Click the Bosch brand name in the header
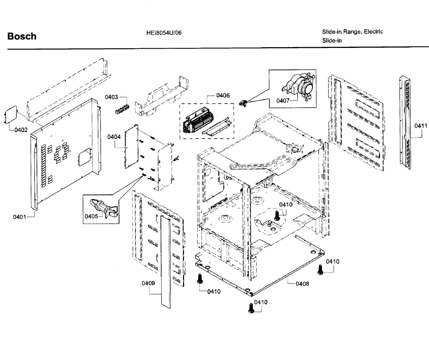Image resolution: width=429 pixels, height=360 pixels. pyautogui.click(x=22, y=36)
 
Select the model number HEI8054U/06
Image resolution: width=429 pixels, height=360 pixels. pyautogui.click(x=164, y=33)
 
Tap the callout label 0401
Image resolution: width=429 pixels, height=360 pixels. pyautogui.click(x=20, y=217)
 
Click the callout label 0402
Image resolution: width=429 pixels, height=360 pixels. pyautogui.click(x=21, y=130)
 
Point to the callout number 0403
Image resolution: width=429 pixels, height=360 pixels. pyautogui.click(x=112, y=97)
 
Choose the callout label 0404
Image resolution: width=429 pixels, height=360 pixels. pyautogui.click(x=114, y=137)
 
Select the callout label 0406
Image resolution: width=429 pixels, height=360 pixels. pyautogui.click(x=223, y=95)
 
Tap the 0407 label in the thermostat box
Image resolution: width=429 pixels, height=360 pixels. pyautogui.click(x=283, y=101)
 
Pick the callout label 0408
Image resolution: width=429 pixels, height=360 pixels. pyautogui.click(x=302, y=284)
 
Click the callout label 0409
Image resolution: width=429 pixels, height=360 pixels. pyautogui.click(x=148, y=283)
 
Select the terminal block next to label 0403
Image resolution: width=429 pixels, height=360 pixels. pyautogui.click(x=122, y=109)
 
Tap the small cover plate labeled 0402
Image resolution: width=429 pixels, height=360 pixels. pyautogui.click(x=10, y=115)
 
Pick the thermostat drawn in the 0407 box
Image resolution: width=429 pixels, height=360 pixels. pyautogui.click(x=300, y=88)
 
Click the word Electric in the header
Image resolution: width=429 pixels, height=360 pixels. pyautogui.click(x=373, y=31)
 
